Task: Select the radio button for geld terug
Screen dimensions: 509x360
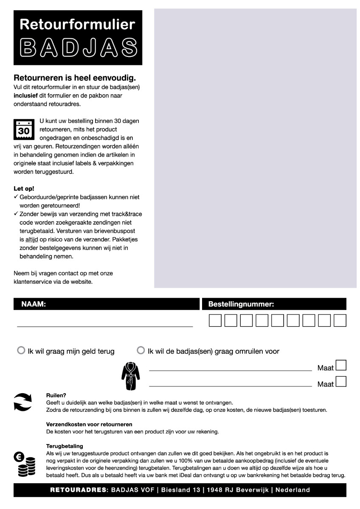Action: (x=21, y=351)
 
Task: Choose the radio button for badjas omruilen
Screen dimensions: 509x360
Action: (x=141, y=351)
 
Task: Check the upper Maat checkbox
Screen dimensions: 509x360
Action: (x=341, y=365)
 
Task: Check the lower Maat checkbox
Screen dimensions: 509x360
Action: (x=341, y=381)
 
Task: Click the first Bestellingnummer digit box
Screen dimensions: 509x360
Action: (x=215, y=321)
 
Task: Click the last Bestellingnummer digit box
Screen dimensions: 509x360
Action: (x=340, y=321)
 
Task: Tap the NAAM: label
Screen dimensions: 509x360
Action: (x=34, y=304)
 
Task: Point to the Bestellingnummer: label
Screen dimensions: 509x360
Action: (x=241, y=304)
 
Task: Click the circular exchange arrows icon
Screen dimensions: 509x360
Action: (x=22, y=402)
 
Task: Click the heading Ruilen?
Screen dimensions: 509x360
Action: (x=56, y=395)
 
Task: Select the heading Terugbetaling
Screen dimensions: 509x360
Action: (x=65, y=446)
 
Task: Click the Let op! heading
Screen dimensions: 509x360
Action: (x=24, y=188)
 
